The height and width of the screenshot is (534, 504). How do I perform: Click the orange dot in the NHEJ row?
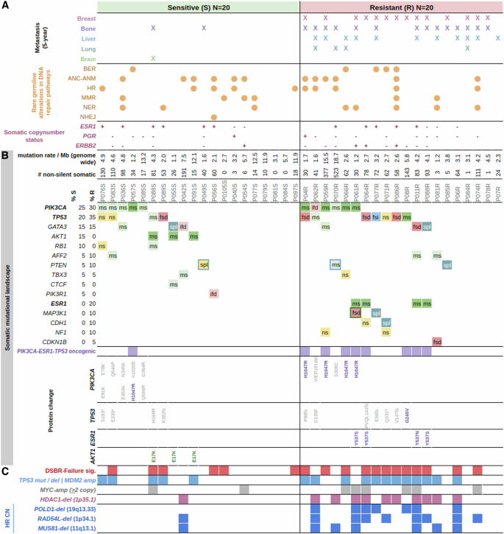[x=213, y=116]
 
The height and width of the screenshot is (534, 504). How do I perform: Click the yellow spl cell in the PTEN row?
[x=204, y=264]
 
